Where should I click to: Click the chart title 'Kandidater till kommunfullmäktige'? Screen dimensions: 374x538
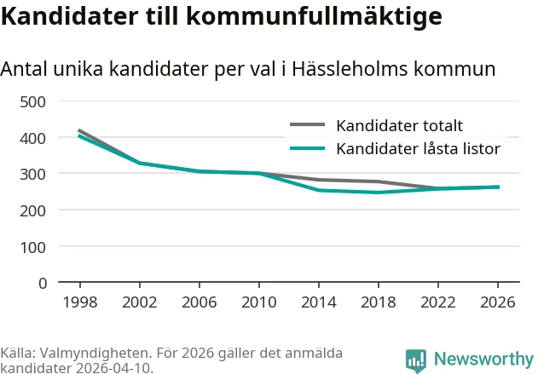pos(221,17)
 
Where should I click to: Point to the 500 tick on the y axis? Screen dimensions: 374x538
pos(33,102)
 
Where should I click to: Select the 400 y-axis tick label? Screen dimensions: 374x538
pos(33,138)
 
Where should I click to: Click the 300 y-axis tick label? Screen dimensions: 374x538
pos(33,174)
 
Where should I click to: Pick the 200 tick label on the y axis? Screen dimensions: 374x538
pos(33,210)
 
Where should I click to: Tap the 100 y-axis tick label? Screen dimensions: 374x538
pos(33,247)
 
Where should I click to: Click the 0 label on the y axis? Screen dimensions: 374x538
pos(42,283)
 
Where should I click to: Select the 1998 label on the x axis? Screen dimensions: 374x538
pos(79,302)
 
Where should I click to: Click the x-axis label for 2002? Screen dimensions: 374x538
pos(139,302)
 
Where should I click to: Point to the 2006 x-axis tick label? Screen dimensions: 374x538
pos(199,302)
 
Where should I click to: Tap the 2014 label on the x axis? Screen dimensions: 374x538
pos(319,302)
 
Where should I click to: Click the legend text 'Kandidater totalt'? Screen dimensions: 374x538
pos(400,126)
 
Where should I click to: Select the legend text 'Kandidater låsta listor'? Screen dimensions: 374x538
pos(418,149)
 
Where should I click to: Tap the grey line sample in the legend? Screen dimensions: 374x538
pos(308,125)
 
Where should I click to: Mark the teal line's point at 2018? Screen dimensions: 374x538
pos(379,193)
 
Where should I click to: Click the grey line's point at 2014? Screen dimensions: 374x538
pos(319,180)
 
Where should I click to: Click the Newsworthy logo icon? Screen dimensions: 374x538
pos(416,360)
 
